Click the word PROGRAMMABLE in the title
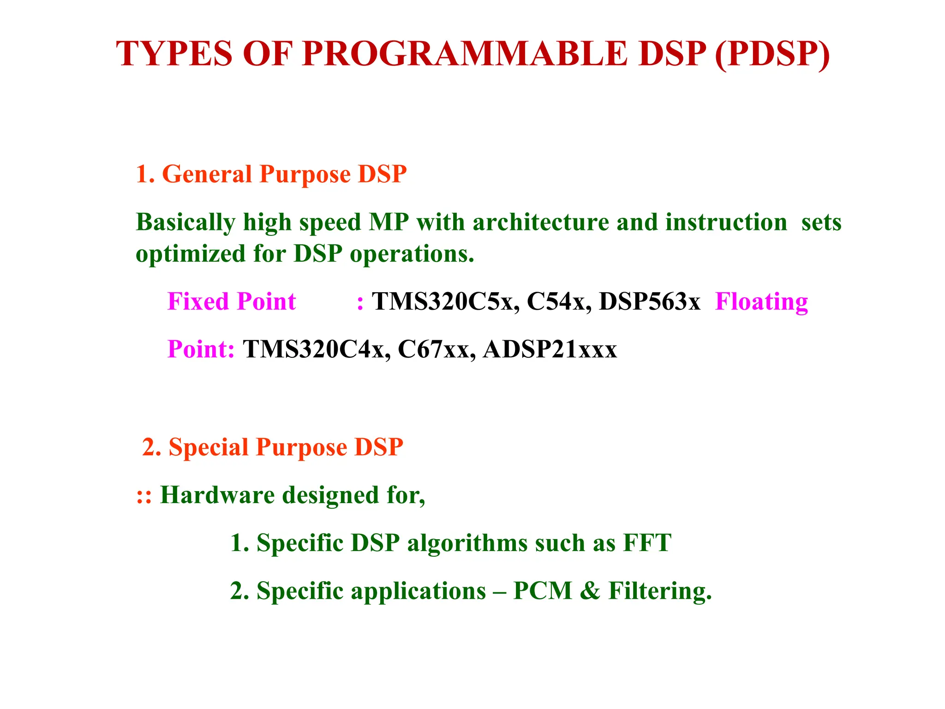click(465, 54)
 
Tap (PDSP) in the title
click(772, 54)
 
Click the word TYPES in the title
click(174, 54)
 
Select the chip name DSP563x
click(649, 302)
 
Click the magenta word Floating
click(761, 302)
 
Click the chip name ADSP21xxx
click(550, 349)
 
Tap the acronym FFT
click(647, 543)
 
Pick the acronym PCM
click(543, 591)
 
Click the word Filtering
click(660, 591)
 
